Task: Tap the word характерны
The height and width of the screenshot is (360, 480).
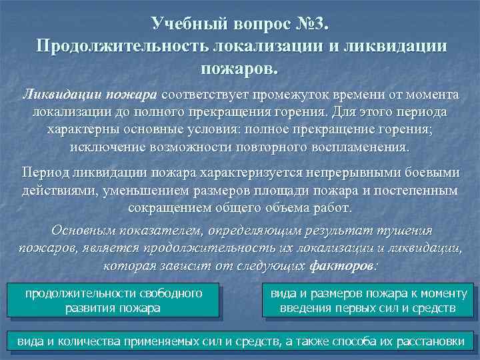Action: (81, 129)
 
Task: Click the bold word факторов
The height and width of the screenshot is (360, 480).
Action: (343, 265)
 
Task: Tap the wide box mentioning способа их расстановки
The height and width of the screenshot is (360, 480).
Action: (240, 341)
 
